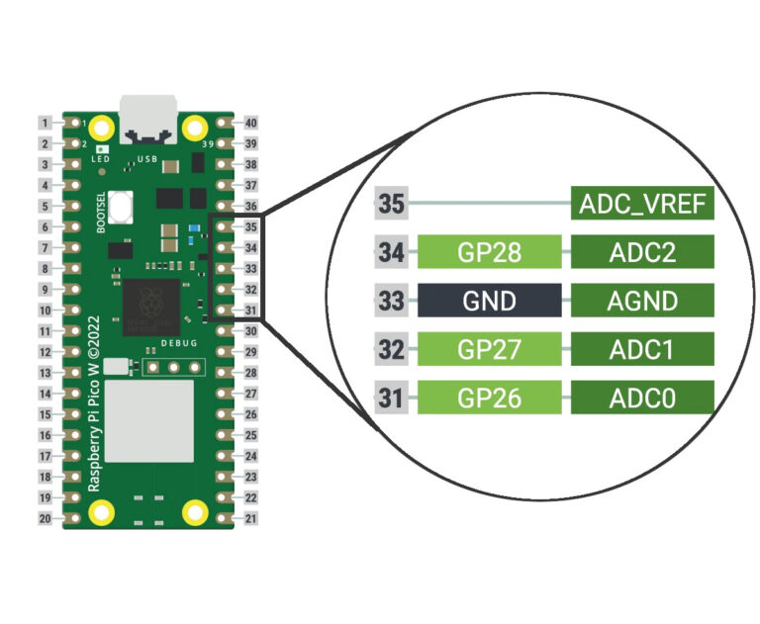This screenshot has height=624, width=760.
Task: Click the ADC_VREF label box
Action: coord(642,206)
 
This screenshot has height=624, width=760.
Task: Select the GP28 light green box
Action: coord(490,252)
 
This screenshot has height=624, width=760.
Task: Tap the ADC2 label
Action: coord(642,252)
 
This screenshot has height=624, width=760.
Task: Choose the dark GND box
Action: coord(490,300)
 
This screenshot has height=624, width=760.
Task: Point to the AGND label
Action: coord(642,300)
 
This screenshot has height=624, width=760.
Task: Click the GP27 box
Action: coord(490,348)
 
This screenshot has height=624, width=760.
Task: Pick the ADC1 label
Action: coord(642,348)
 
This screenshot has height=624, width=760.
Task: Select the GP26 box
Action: coord(490,398)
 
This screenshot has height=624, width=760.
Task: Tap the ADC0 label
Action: coord(642,398)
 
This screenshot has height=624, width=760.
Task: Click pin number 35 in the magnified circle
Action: coord(391,206)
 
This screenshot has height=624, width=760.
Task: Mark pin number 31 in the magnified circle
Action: coord(391,398)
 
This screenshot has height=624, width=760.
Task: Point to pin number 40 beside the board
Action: coord(250,124)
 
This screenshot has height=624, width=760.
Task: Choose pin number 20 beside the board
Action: coord(46,518)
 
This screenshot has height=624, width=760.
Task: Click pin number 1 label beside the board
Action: coord(46,124)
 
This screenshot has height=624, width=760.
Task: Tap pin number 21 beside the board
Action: coord(250,518)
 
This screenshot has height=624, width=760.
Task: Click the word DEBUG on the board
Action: coord(179,343)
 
